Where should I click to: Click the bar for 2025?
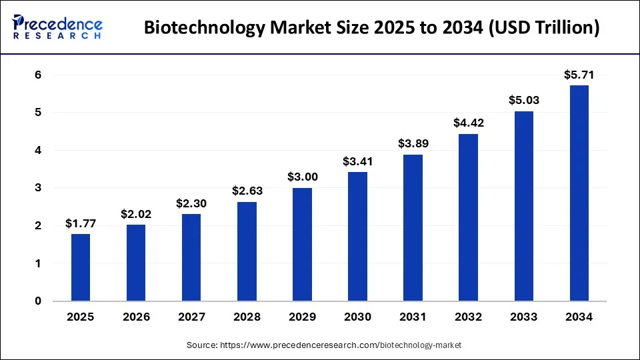(x=81, y=267)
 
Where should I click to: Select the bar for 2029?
(x=303, y=244)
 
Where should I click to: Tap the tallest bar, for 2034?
(x=579, y=193)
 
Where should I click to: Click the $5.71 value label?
(x=579, y=75)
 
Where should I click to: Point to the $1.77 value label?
(x=81, y=223)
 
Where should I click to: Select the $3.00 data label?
(x=303, y=177)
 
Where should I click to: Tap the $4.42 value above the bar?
(x=469, y=123)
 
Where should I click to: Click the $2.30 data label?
(x=192, y=203)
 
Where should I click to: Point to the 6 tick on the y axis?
(x=38, y=75)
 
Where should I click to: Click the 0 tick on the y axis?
(x=38, y=301)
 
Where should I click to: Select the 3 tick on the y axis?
(x=38, y=188)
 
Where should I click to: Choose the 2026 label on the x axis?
(x=136, y=317)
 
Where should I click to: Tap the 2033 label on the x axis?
(x=524, y=317)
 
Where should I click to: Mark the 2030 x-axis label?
(x=358, y=317)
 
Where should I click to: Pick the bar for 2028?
(x=247, y=251)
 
